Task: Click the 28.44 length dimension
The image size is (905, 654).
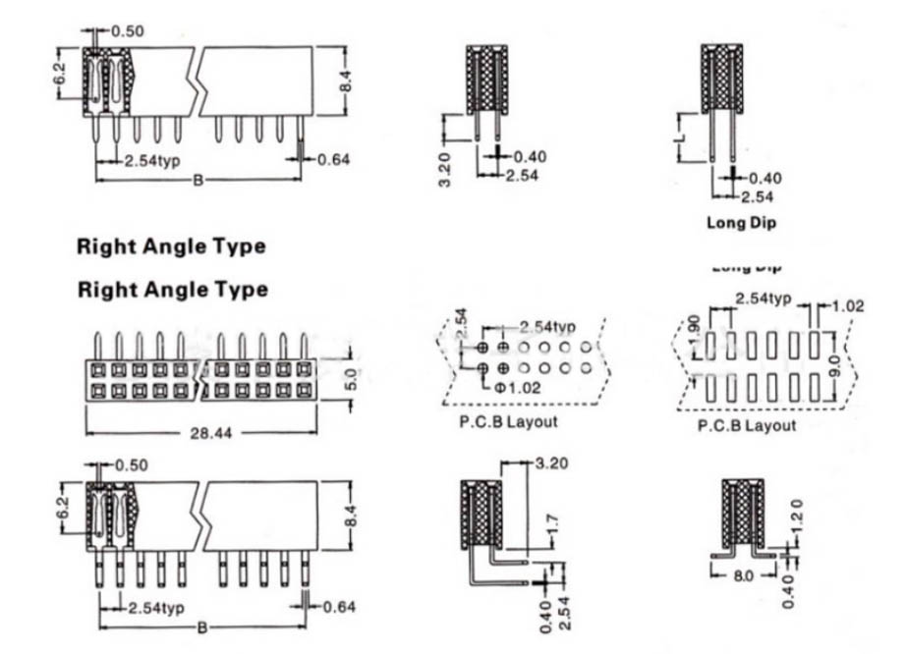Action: click(205, 433)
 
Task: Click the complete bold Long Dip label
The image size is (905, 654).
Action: click(741, 222)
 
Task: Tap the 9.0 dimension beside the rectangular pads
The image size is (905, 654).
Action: click(834, 366)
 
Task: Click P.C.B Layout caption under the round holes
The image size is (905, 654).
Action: click(508, 422)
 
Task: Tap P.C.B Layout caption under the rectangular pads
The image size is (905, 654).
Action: click(747, 425)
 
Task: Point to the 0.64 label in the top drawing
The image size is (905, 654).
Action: click(334, 158)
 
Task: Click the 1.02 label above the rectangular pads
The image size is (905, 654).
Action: click(846, 305)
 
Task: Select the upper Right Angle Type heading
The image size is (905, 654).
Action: click(171, 246)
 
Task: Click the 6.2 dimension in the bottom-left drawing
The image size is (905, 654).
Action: click(61, 509)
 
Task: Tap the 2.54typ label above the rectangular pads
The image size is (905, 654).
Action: click(764, 299)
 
